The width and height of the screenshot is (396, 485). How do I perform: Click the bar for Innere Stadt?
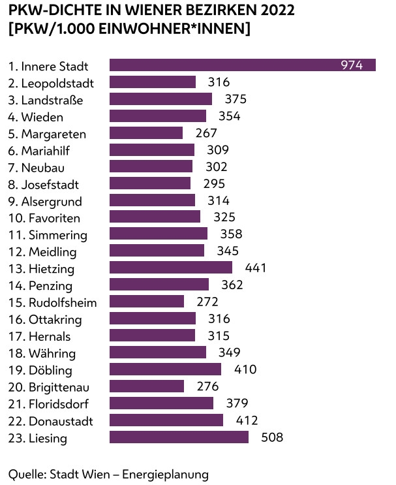242,65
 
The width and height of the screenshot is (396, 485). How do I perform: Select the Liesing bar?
179,437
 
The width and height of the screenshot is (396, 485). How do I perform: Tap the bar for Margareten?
146,133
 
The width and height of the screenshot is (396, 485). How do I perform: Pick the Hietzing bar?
171,268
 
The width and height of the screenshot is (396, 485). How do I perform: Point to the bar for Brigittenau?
147,386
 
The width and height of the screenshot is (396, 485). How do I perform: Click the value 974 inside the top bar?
352,65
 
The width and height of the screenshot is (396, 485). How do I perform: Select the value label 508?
272,437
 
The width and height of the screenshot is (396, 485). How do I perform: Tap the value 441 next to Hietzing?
256,268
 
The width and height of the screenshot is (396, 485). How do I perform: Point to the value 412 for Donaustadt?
247,420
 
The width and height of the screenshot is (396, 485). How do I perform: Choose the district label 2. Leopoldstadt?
52,83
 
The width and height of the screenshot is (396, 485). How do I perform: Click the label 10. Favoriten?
44,217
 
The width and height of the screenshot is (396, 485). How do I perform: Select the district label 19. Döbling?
41,369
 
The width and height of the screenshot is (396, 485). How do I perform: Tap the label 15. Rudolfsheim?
53,302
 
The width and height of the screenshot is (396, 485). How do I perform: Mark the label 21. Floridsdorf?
49,403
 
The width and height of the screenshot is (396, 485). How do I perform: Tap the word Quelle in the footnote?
25,473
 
